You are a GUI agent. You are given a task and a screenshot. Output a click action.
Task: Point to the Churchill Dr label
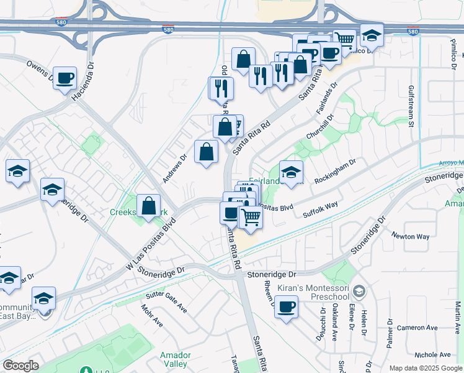coord(319,127)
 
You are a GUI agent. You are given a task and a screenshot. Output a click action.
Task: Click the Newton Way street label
coord(410,236)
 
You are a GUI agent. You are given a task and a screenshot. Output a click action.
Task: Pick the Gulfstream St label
coord(411,106)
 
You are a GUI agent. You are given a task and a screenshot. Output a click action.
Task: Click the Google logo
coord(20,366)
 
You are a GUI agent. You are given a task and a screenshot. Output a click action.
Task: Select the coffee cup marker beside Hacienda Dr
coord(65,79)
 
